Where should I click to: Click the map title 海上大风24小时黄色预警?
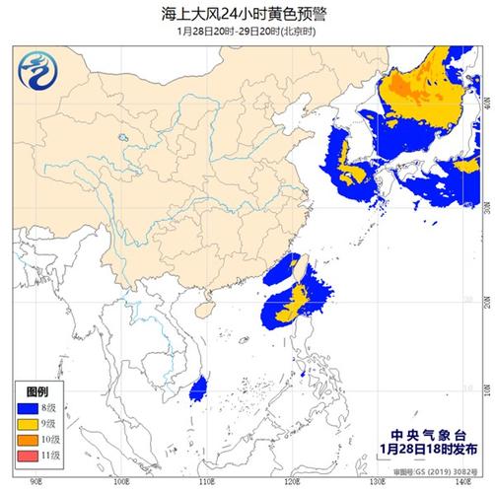tap(247, 13)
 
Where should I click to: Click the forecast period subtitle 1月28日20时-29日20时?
tap(247, 31)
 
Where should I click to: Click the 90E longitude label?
tap(36, 482)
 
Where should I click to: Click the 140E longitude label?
tap(460, 482)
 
